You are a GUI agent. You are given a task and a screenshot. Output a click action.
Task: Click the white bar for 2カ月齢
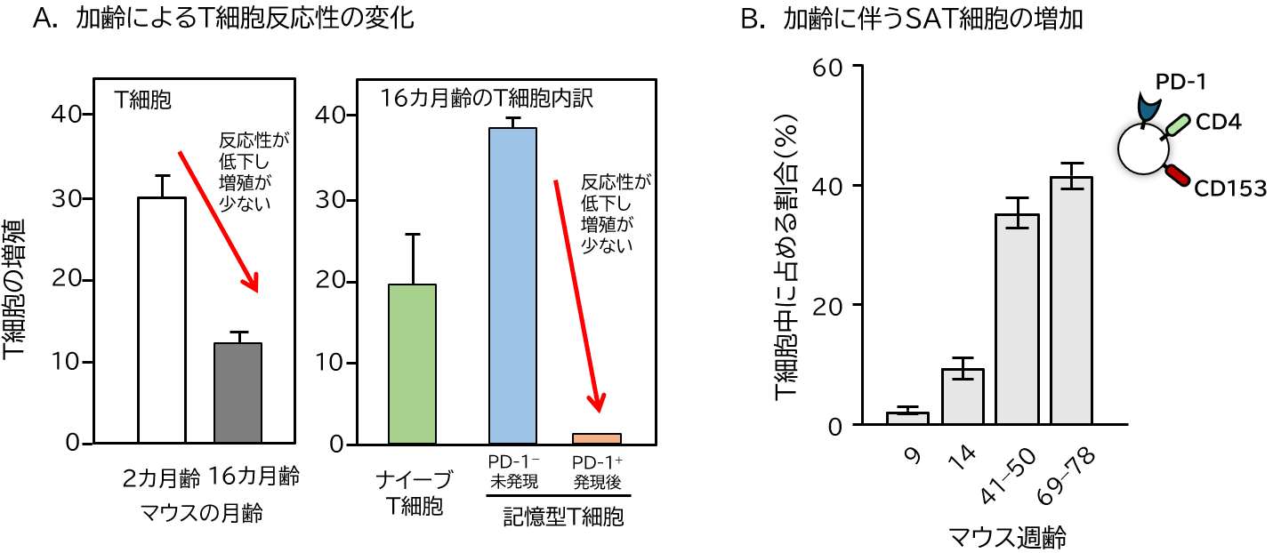(x=162, y=320)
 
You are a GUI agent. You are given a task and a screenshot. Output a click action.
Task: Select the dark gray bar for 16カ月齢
(x=238, y=393)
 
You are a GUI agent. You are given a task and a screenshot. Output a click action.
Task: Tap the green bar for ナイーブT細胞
(x=413, y=364)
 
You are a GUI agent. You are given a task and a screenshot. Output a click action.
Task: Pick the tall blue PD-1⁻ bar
(x=512, y=285)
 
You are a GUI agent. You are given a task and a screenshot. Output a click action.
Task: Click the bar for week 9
(x=907, y=419)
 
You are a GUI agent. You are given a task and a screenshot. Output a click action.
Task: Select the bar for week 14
(x=962, y=397)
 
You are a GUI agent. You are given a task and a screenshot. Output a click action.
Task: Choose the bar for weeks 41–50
(x=1017, y=319)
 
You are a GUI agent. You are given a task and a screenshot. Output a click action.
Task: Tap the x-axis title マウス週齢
(x=1007, y=537)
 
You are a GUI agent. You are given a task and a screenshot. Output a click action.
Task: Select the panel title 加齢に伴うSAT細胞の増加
(x=933, y=20)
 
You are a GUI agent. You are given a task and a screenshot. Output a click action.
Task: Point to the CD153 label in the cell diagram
(x=1229, y=188)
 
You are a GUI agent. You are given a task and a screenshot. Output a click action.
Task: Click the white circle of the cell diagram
(x=1143, y=149)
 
